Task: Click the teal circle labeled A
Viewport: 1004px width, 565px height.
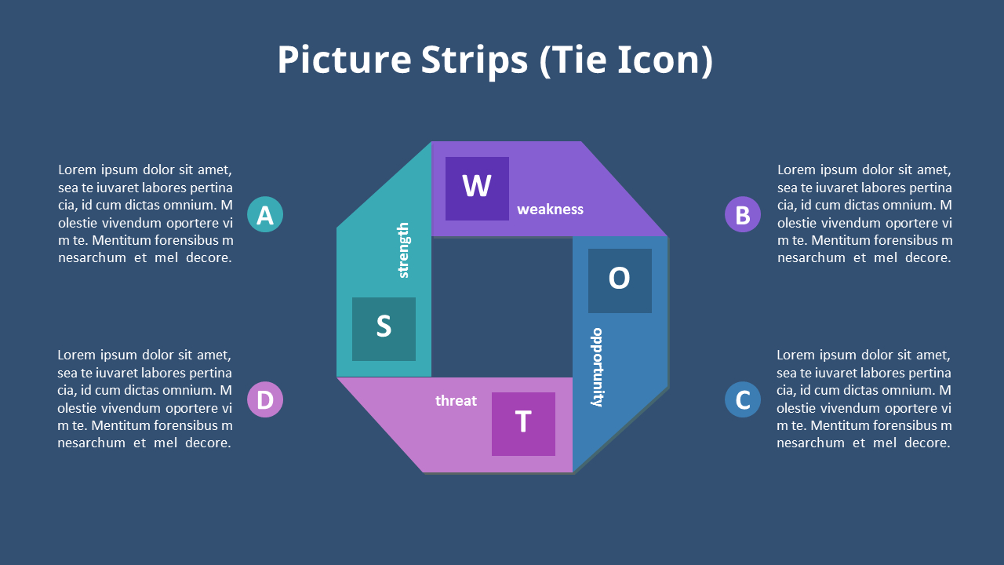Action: tap(265, 214)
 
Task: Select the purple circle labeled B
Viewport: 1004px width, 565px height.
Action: tap(743, 214)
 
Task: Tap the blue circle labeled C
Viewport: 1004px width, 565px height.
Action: tap(743, 399)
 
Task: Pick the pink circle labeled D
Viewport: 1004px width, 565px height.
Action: tap(265, 399)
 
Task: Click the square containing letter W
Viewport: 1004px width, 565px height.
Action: tap(477, 188)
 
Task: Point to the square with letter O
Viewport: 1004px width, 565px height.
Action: tap(620, 281)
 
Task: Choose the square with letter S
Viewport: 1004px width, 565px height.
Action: tap(384, 329)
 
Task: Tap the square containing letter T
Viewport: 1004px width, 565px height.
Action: tap(523, 425)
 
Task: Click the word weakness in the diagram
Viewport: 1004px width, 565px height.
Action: tap(550, 210)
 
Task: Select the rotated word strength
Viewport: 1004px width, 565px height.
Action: tap(403, 250)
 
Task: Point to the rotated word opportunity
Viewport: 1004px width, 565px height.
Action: tap(598, 367)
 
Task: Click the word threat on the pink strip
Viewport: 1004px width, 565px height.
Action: tap(456, 400)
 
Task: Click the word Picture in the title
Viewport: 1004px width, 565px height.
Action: tap(344, 60)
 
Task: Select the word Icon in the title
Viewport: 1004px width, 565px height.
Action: tap(665, 60)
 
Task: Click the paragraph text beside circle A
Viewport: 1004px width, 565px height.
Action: tap(145, 213)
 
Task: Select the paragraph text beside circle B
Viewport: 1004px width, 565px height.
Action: tap(864, 213)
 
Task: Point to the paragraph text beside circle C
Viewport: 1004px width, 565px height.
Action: tap(864, 399)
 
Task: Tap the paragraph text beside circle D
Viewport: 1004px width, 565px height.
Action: tap(145, 399)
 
